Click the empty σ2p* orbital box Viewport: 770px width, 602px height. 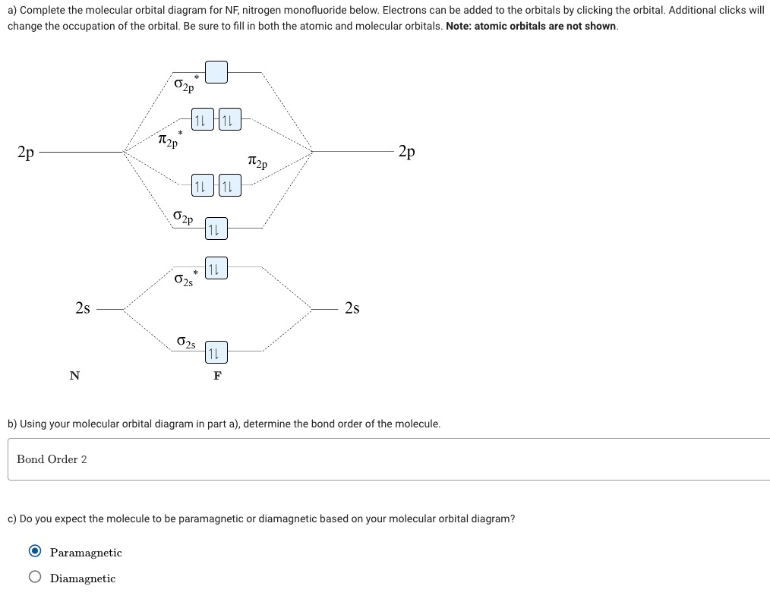[x=216, y=72]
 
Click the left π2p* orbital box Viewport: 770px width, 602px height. [x=202, y=120]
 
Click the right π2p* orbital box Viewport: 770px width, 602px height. [x=229, y=120]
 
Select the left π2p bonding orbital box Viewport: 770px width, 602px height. [x=202, y=185]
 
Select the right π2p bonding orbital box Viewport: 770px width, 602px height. [x=229, y=185]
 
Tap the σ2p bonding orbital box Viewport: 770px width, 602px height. [x=216, y=228]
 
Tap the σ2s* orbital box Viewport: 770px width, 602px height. [x=216, y=268]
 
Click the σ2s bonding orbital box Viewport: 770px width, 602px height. [x=216, y=351]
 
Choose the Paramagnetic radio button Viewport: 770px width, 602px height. [x=35, y=552]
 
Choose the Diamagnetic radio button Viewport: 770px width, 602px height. [x=35, y=578]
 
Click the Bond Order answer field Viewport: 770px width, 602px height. [x=387, y=459]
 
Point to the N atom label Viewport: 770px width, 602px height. [x=74, y=375]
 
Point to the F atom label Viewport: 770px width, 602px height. [x=217, y=375]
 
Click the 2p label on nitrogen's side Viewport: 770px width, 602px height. [x=26, y=152]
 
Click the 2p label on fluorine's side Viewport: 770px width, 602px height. [x=407, y=152]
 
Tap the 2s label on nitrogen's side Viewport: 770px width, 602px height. [x=83, y=308]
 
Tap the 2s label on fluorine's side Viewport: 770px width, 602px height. [x=352, y=308]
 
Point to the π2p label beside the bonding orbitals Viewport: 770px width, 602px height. [x=257, y=162]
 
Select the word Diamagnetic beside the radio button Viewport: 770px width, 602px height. [x=83, y=578]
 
